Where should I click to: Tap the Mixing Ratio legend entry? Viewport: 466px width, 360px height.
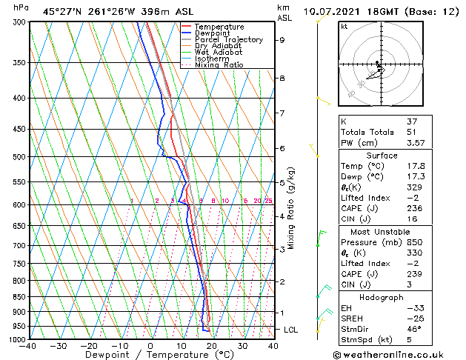pyautogui.click(x=219, y=65)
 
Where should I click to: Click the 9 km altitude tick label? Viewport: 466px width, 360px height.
pyautogui.click(x=282, y=40)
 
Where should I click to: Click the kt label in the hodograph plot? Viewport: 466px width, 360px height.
pyautogui.click(x=344, y=27)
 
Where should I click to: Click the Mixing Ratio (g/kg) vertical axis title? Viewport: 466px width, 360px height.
pyautogui.click(x=291, y=208)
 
